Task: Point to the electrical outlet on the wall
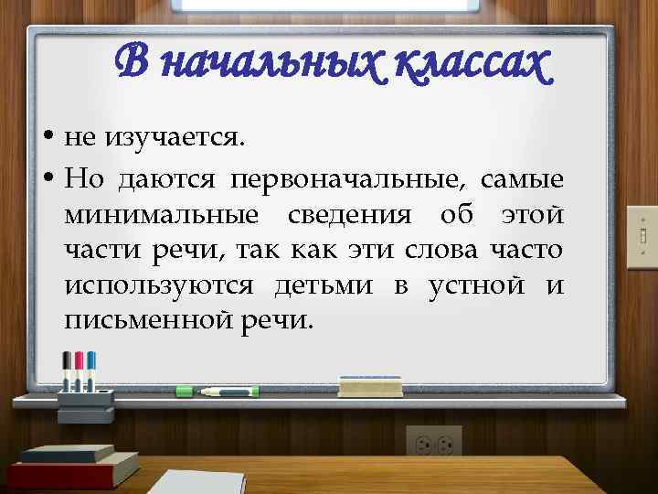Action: pos(434,445)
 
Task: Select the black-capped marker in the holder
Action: pos(67,367)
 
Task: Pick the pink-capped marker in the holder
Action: pos(79,367)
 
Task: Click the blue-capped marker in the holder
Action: pos(91,368)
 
